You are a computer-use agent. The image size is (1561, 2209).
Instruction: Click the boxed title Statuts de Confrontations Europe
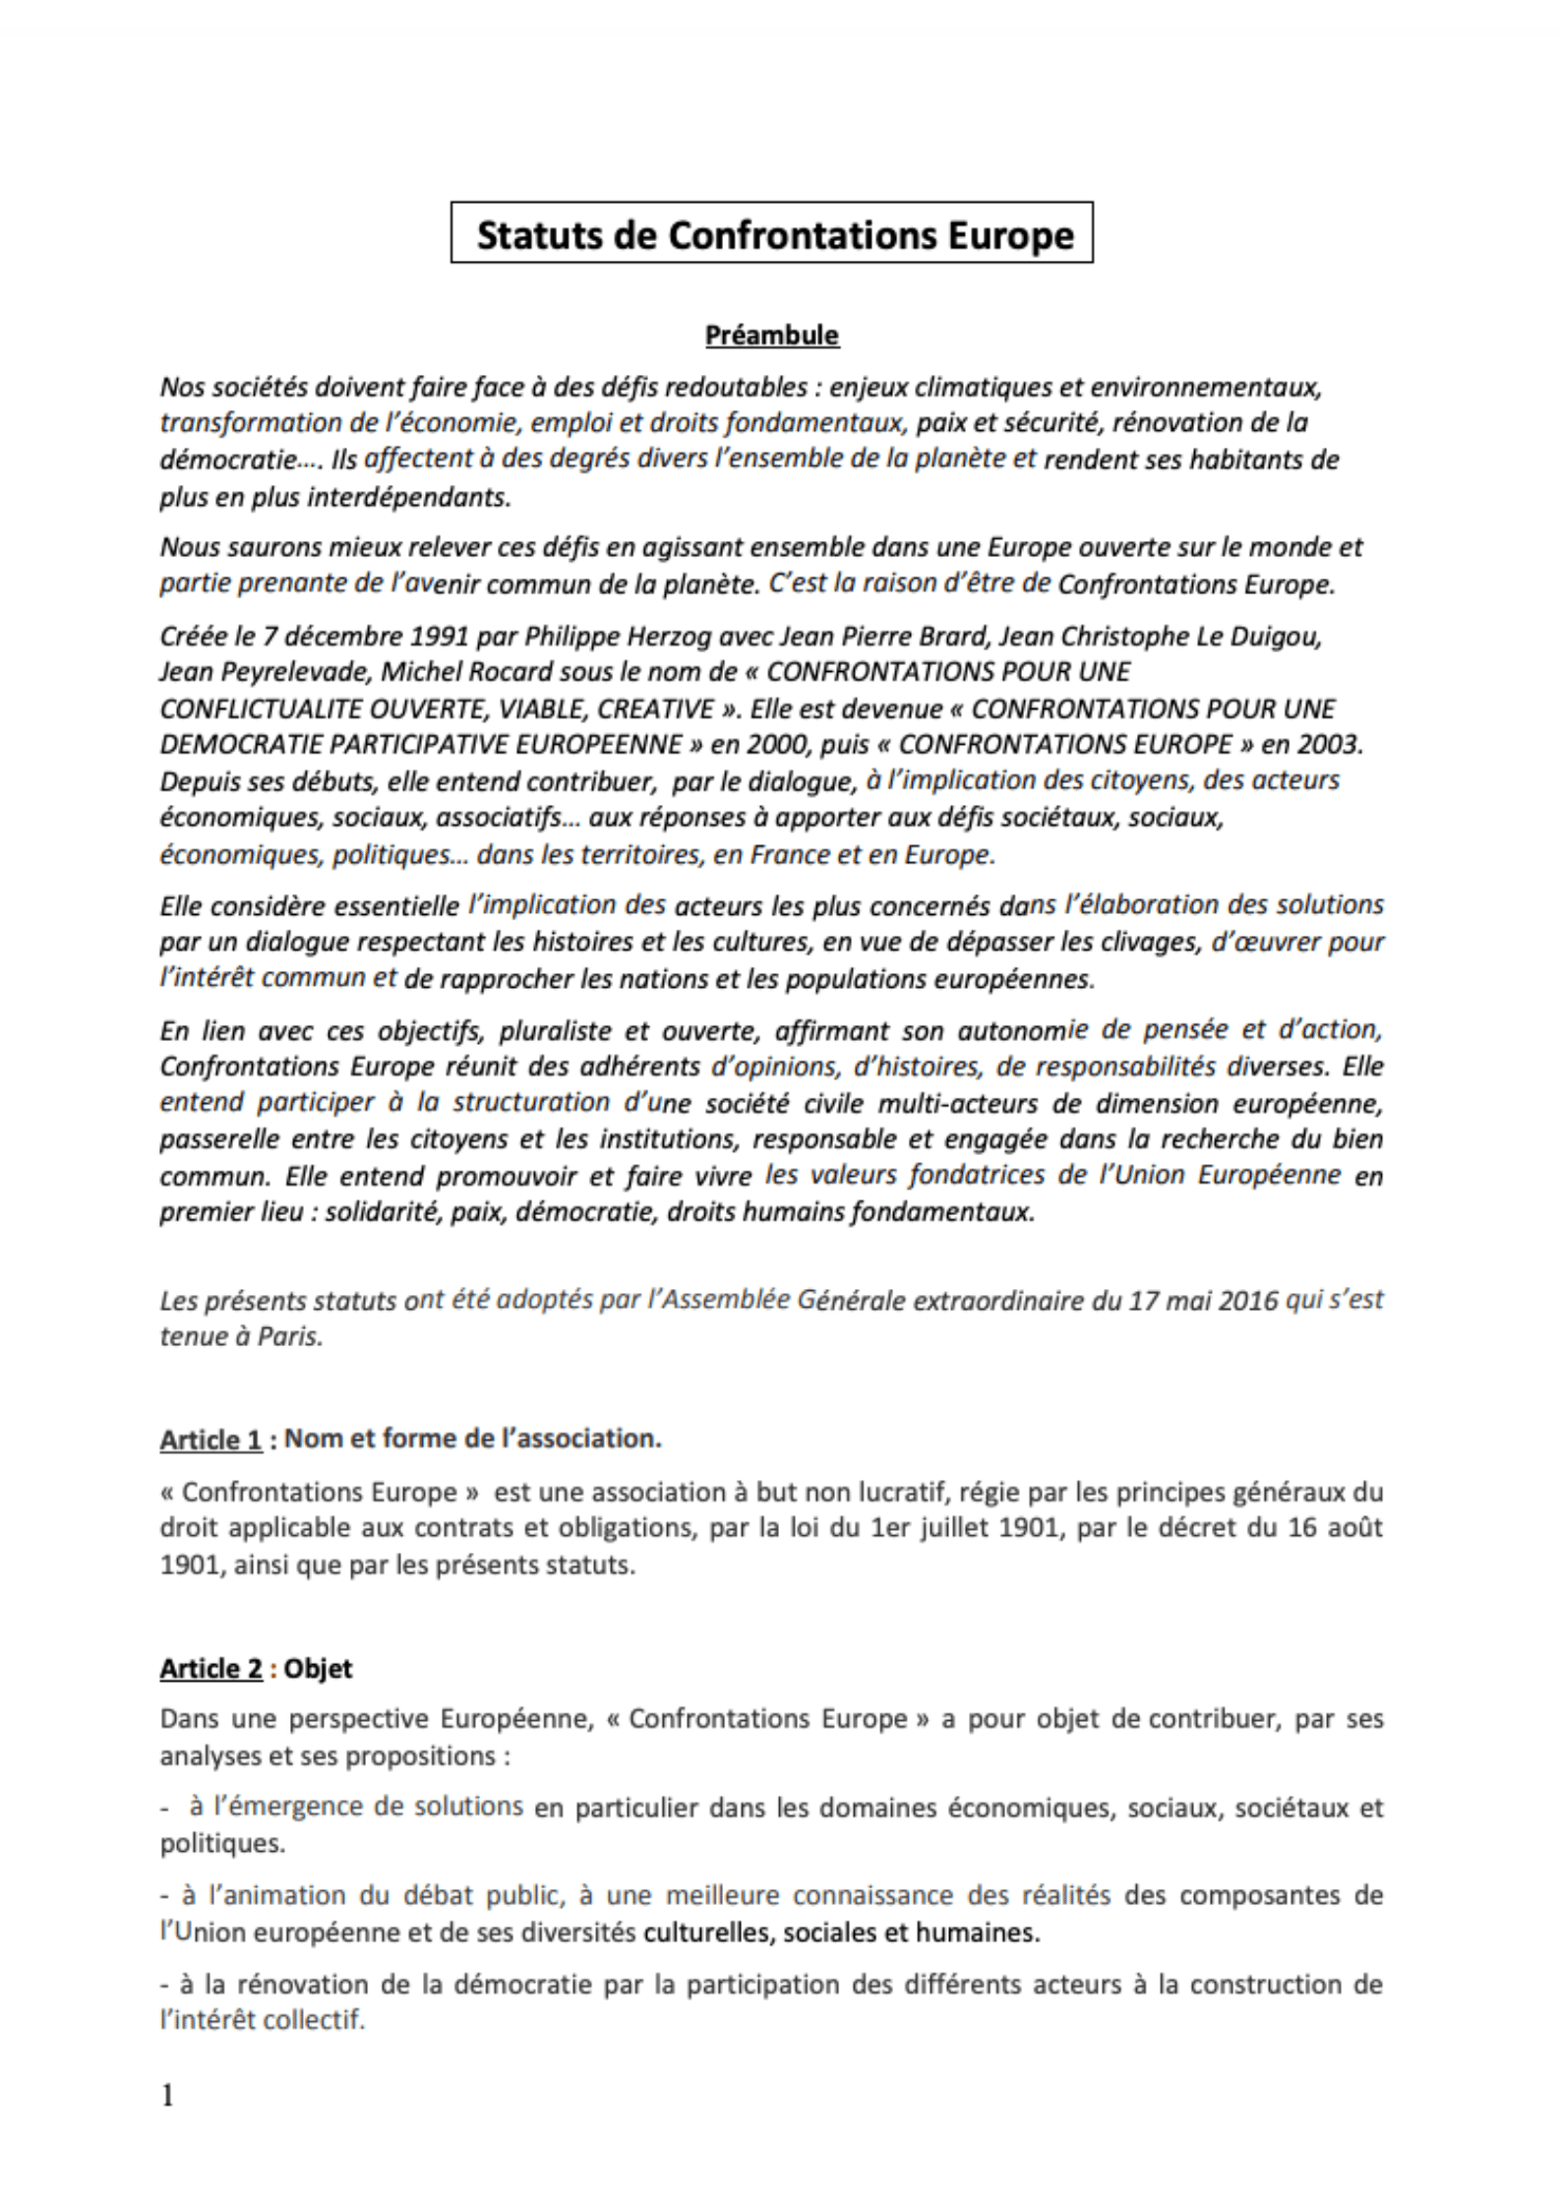772,234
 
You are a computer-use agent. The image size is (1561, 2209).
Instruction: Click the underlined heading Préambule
772,336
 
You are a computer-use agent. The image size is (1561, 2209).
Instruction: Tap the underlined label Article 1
210,1440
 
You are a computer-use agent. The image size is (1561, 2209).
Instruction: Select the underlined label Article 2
210,1669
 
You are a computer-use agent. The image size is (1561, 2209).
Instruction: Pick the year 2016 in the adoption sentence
1248,1301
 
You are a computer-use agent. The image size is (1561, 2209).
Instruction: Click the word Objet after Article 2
318,1669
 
